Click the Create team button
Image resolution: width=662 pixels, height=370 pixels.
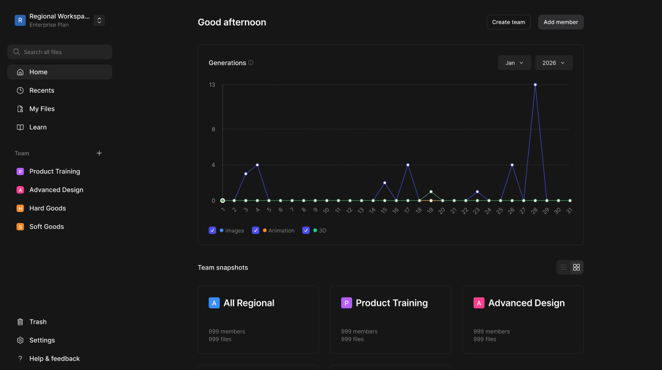tap(508, 22)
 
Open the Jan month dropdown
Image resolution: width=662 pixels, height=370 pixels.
tap(514, 63)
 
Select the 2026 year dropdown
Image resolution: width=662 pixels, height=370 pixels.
tap(553, 63)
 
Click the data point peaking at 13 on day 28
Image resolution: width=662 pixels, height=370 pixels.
tap(535, 84)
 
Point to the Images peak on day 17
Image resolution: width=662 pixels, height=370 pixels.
tap(408, 165)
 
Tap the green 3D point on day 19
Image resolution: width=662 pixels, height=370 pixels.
tap(431, 192)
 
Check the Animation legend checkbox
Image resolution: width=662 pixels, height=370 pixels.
tap(255, 230)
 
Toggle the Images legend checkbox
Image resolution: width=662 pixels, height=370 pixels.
tap(212, 230)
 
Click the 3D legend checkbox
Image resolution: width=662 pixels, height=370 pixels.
tap(306, 230)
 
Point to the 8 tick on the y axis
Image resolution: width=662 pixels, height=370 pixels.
tap(212, 130)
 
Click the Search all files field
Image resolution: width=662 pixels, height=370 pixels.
tap(60, 52)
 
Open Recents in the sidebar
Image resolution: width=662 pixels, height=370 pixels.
tap(42, 91)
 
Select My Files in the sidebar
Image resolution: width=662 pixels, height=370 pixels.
tap(42, 109)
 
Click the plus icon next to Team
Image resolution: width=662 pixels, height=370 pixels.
tap(99, 153)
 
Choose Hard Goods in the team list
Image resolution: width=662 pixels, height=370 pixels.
tap(47, 208)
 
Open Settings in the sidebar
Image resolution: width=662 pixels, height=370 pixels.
tap(42, 340)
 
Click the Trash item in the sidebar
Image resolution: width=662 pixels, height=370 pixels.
tap(38, 322)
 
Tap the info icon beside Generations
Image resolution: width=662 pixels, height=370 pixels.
tap(251, 63)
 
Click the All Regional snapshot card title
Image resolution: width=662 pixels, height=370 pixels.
tap(249, 303)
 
